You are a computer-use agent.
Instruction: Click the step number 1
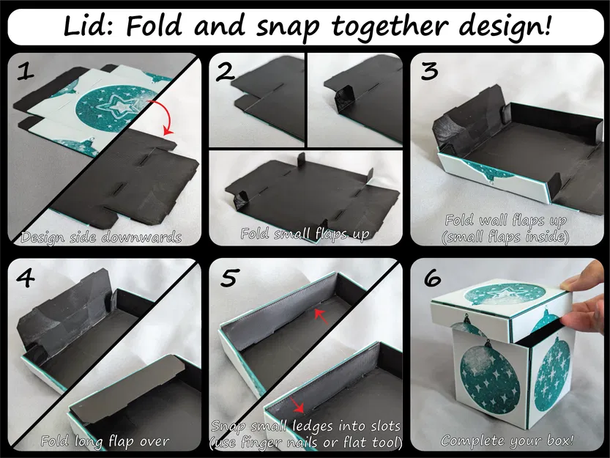(26, 71)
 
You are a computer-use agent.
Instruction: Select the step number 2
(226, 71)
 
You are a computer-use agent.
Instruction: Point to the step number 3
(430, 71)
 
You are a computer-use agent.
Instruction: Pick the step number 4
(26, 279)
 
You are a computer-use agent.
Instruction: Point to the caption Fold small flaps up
(305, 234)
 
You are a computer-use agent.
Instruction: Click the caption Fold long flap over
(105, 441)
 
